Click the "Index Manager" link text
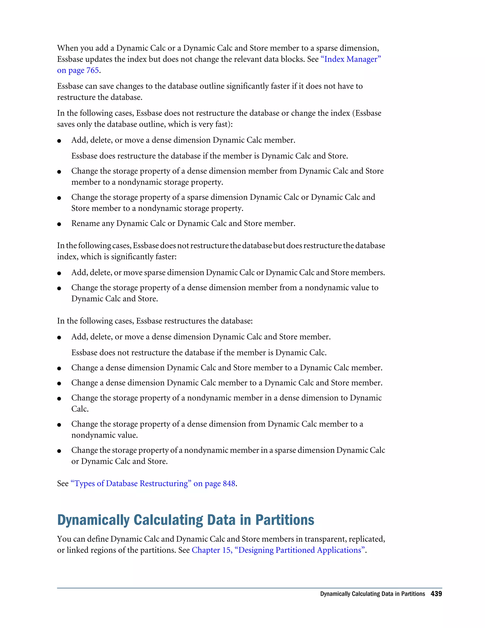coord(350,59)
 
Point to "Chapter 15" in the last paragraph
coord(211,550)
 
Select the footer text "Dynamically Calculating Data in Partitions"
coord(372,594)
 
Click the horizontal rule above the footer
coord(249,588)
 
